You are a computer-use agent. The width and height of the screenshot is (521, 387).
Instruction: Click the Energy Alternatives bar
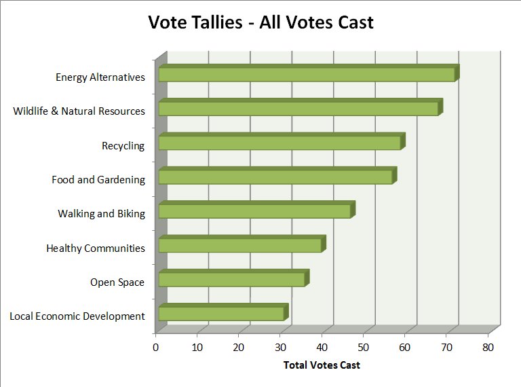[x=307, y=74]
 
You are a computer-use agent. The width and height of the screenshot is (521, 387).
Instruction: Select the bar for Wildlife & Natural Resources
[x=298, y=108]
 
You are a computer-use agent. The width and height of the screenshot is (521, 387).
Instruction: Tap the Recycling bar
[x=279, y=143]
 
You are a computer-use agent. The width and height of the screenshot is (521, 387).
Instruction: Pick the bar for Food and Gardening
[x=275, y=177]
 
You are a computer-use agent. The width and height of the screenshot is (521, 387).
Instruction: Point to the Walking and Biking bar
[x=254, y=211]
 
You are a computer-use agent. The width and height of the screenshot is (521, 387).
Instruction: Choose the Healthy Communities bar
[x=240, y=245]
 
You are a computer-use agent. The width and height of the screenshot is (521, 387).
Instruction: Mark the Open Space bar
[x=231, y=279]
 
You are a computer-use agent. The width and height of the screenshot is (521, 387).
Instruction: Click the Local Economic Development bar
[x=221, y=313]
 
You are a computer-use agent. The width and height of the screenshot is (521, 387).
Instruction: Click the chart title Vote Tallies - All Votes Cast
[x=261, y=22]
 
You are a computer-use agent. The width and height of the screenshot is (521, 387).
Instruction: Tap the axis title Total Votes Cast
[x=322, y=365]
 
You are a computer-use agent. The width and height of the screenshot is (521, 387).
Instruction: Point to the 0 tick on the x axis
[x=156, y=348]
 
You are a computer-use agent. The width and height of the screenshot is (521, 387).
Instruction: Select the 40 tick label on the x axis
[x=322, y=348]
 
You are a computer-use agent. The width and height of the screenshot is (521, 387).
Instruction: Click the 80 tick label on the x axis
[x=488, y=348]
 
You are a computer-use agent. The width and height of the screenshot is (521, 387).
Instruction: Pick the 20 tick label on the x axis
[x=239, y=348]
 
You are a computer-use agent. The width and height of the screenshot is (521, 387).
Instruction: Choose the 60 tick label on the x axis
[x=405, y=348]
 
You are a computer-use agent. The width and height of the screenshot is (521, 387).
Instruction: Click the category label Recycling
[x=123, y=146]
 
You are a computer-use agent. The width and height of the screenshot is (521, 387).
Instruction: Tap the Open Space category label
[x=117, y=282]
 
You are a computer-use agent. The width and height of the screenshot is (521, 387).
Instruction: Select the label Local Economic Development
[x=77, y=316]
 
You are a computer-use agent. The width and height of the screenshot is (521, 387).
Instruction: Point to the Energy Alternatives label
[x=100, y=77]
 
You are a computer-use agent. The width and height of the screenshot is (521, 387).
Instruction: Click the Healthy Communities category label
[x=96, y=248]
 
